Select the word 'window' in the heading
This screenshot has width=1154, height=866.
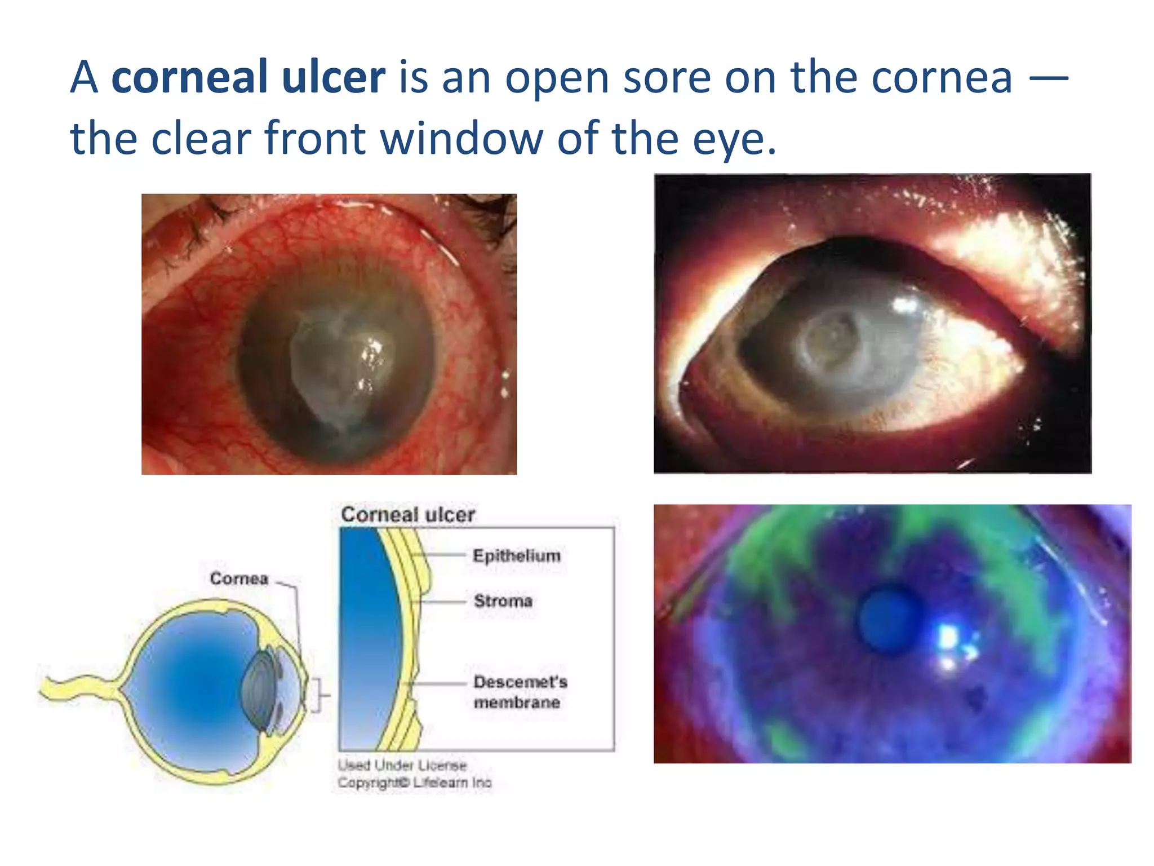tap(461, 138)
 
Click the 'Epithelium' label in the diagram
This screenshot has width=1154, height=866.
tap(517, 556)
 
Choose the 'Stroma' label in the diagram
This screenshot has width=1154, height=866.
tap(503, 601)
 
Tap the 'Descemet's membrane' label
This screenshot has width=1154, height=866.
tap(520, 692)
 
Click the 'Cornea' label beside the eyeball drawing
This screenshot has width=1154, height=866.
tap(239, 578)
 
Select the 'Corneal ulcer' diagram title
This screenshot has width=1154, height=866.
tap(408, 514)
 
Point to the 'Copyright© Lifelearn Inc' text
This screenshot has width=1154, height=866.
tap(415, 783)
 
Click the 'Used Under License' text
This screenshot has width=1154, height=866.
tap(402, 765)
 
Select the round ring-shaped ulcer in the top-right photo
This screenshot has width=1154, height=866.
tap(832, 344)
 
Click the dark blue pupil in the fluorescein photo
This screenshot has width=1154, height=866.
tap(888, 618)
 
